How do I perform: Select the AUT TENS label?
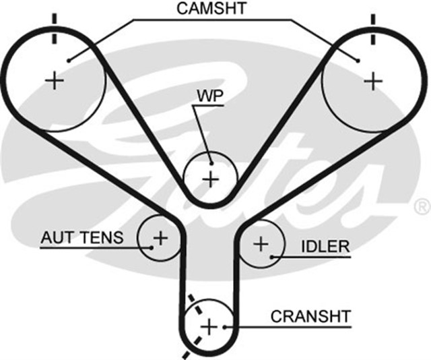pyautogui.click(x=81, y=237)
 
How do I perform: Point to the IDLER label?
pyautogui.click(x=325, y=245)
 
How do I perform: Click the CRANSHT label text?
pyautogui.click(x=310, y=316)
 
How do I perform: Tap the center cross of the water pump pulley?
pyautogui.click(x=211, y=179)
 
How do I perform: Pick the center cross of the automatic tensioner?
pyautogui.click(x=160, y=237)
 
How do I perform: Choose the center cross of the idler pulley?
pyautogui.click(x=261, y=242)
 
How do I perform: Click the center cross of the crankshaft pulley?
pyautogui.click(x=209, y=326)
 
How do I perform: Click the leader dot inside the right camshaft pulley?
pyautogui.click(x=358, y=59)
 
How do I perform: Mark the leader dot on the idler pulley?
pyautogui.click(x=271, y=256)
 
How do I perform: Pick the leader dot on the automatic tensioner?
pyautogui.click(x=152, y=247)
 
